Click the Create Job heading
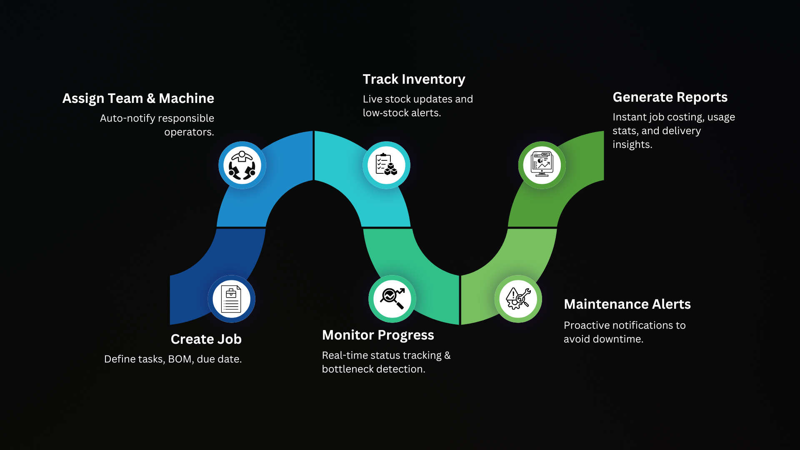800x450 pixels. pyautogui.click(x=206, y=339)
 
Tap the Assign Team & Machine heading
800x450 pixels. pyautogui.click(x=138, y=98)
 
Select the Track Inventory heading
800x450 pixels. pyautogui.click(x=414, y=79)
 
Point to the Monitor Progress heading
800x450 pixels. pyautogui.click(x=378, y=335)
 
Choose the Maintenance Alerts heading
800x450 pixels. pyautogui.click(x=627, y=304)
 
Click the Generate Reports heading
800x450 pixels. pyautogui.click(x=670, y=97)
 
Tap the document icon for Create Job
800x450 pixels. pyautogui.click(x=231, y=299)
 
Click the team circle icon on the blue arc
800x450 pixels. pyautogui.click(x=242, y=165)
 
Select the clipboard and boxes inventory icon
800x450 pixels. pyautogui.click(x=386, y=165)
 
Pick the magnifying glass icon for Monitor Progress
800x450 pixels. pyautogui.click(x=392, y=299)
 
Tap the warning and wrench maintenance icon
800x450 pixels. pyautogui.click(x=518, y=299)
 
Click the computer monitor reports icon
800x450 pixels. pyautogui.click(x=542, y=165)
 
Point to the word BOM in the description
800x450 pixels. pyautogui.click(x=180, y=359)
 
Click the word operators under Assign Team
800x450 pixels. pyautogui.click(x=189, y=132)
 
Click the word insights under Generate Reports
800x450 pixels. pyautogui.click(x=632, y=145)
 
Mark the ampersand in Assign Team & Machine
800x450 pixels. pyautogui.click(x=151, y=98)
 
